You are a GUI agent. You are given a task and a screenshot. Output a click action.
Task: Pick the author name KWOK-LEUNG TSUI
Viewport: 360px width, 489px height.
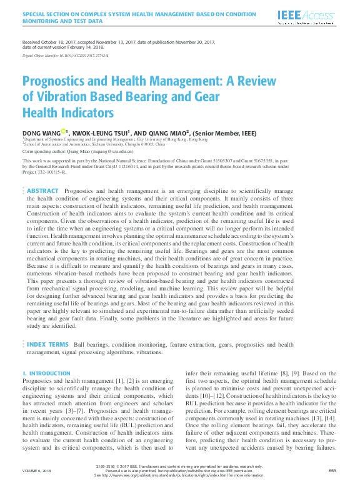tap(100, 132)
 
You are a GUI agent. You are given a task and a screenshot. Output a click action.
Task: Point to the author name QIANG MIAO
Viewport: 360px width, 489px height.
tap(167, 132)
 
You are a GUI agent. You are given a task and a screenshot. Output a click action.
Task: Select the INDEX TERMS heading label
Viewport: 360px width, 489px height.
tap(47, 344)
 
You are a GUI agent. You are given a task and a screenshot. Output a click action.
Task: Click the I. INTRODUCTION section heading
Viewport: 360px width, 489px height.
tap(46, 373)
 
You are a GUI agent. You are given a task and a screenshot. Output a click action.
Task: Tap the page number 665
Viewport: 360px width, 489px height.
tap(332, 471)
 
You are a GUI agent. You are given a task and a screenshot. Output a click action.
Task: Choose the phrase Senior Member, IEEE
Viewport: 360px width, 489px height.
tap(224, 132)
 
